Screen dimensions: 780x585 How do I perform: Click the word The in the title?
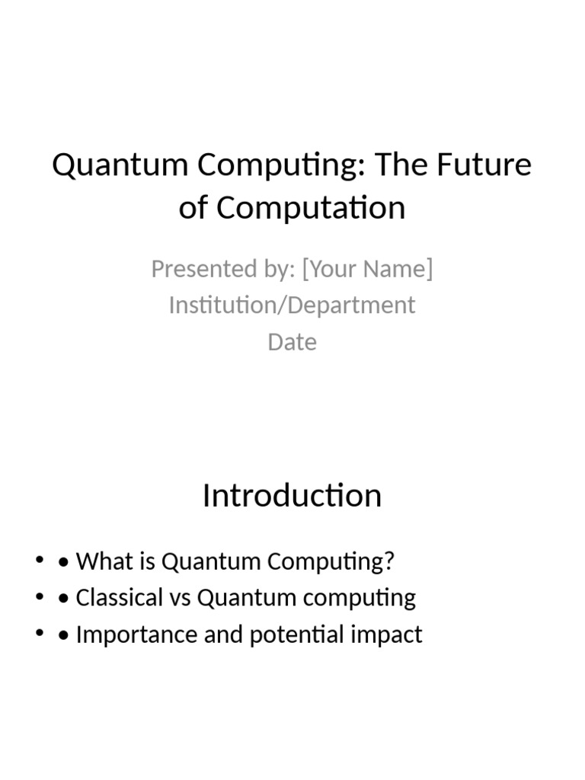point(408,165)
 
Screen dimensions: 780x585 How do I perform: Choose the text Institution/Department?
point(292,305)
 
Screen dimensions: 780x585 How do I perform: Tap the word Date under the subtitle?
point(292,341)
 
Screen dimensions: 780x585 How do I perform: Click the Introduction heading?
point(292,496)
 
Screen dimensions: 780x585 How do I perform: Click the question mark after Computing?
point(390,561)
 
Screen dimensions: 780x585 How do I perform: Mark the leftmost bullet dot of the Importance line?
point(39,635)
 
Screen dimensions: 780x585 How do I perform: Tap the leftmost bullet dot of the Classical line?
point(39,598)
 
